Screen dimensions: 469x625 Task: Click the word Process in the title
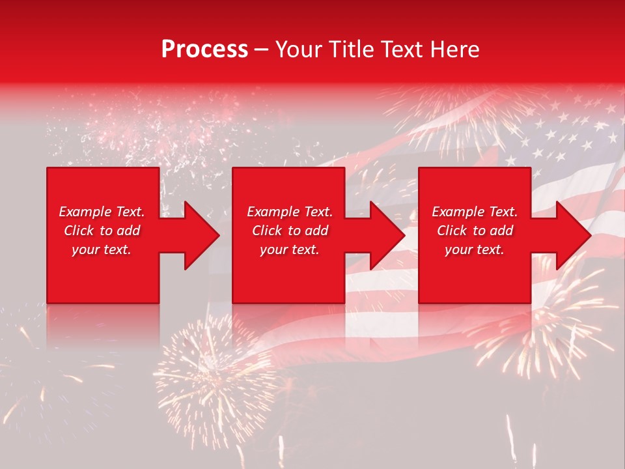[x=204, y=50]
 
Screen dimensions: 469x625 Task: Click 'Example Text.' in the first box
[x=102, y=212]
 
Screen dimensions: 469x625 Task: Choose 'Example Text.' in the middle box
[x=290, y=212]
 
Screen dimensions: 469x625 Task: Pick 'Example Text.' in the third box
[x=475, y=212]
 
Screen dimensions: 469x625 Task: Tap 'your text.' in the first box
[x=102, y=249]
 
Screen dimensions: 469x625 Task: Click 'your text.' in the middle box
[x=290, y=249]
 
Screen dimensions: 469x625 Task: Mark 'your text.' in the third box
[x=475, y=249]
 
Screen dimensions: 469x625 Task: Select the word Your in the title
[x=298, y=50]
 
